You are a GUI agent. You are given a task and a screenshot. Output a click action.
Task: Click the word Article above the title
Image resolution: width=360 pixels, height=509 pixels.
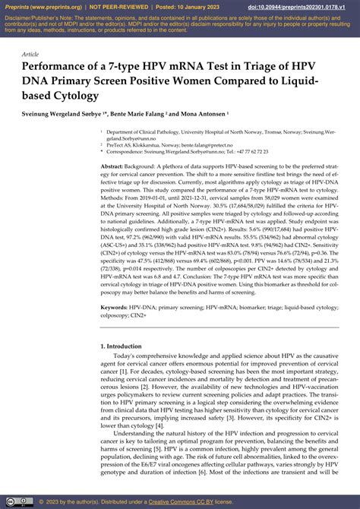(31, 55)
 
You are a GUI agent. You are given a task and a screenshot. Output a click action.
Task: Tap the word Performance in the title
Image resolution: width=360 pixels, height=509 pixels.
(60, 68)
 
